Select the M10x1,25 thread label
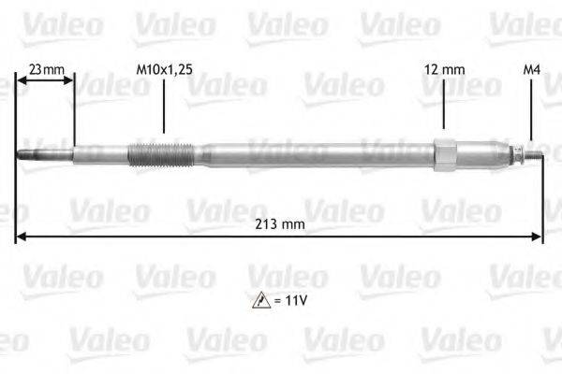pos(164,68)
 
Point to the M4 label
pos(530,68)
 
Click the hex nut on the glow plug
pos(445,151)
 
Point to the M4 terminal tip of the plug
pos(535,152)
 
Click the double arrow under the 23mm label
pos(45,83)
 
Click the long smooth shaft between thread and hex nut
pos(318,151)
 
